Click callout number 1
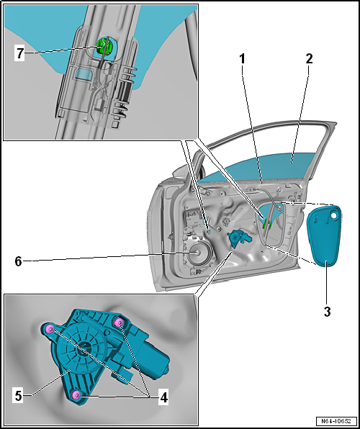point(242,58)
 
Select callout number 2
point(309,58)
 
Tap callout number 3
point(327,312)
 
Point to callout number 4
point(163,397)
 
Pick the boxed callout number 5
point(18,396)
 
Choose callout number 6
point(18,261)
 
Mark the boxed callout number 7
point(19,53)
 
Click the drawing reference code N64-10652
point(336,421)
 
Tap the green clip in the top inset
point(103,45)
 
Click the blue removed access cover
point(325,235)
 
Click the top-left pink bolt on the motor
point(49,329)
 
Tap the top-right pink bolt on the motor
point(119,323)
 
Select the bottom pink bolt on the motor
point(76,394)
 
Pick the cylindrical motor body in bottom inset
point(152,358)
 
